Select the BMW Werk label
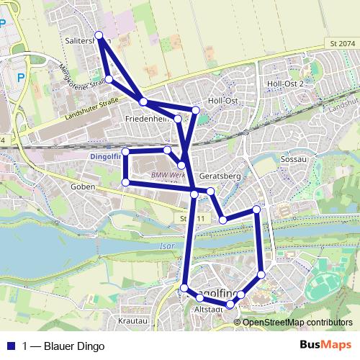(x=163, y=175)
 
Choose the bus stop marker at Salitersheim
(x=99, y=35)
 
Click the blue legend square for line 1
(x=9, y=346)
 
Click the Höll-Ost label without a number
(x=222, y=101)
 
